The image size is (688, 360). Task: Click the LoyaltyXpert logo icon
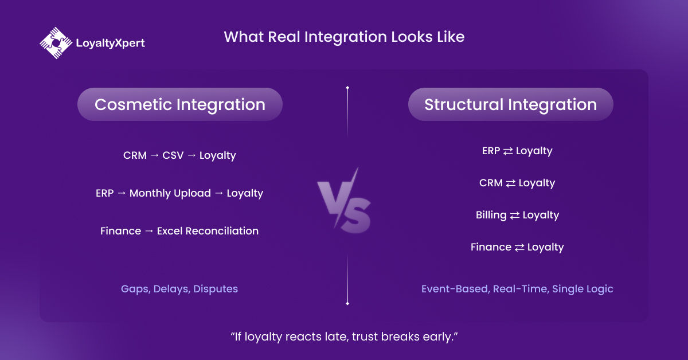click(56, 42)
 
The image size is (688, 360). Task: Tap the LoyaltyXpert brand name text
click(110, 43)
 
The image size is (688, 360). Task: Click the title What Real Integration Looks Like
click(344, 37)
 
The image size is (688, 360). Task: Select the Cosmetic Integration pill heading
click(180, 104)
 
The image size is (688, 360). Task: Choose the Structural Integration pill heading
click(510, 104)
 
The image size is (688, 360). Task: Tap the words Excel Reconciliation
click(208, 231)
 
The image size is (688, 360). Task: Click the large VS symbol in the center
click(344, 201)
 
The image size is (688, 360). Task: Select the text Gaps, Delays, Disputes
click(179, 289)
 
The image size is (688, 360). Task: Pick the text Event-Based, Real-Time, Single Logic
click(517, 289)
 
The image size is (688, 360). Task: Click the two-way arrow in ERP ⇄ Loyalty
click(508, 151)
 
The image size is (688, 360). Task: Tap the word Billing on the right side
click(491, 215)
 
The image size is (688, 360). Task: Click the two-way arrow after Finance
click(519, 248)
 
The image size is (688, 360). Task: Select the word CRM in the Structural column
click(491, 183)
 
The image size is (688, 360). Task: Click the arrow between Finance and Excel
click(148, 232)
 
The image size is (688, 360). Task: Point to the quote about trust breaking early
click(343, 336)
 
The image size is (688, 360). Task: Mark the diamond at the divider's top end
click(347, 88)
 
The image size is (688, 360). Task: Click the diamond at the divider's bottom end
click(347, 303)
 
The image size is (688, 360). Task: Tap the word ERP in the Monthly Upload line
click(104, 193)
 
